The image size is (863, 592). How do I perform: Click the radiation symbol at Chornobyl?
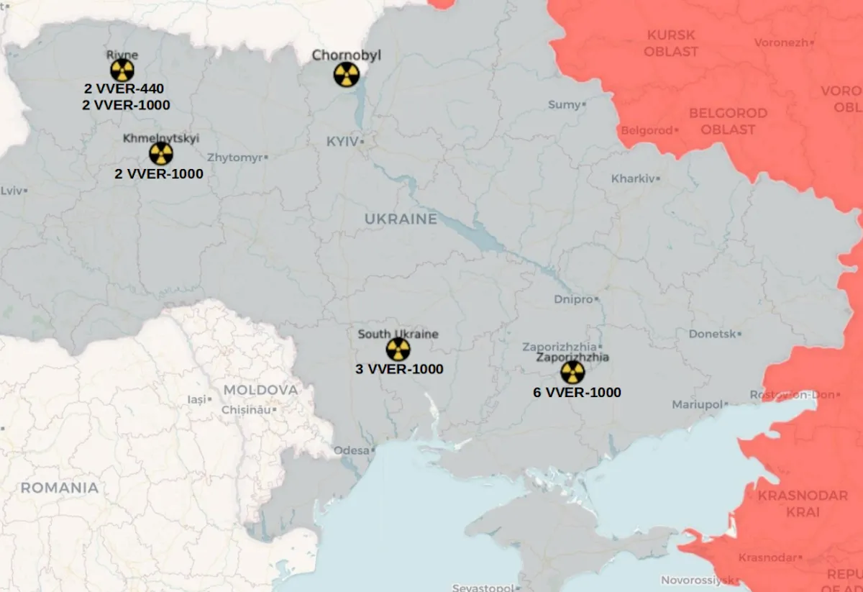tap(346, 74)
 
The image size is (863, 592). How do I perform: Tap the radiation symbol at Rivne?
tap(122, 70)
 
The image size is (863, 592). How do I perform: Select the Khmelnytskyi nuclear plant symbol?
tap(161, 153)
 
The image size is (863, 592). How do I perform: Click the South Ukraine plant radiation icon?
tap(398, 350)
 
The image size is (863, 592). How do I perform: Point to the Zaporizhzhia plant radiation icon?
tap(572, 372)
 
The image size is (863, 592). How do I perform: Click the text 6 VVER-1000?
tap(577, 393)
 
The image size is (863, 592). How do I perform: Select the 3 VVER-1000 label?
tap(399, 369)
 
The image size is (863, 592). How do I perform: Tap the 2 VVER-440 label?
tap(124, 89)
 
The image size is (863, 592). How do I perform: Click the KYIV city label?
tap(342, 142)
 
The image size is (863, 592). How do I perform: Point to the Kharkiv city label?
tap(633, 178)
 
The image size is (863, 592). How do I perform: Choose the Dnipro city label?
tap(573, 299)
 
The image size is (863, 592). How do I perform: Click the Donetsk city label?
tap(712, 334)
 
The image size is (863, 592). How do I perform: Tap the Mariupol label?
tap(697, 405)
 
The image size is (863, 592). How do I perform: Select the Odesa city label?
tap(351, 450)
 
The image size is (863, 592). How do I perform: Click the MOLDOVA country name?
tap(260, 390)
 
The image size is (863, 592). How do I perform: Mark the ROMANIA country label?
tap(60, 488)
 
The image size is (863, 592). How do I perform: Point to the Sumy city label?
tap(564, 105)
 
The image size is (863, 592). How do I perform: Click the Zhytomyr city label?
tap(234, 157)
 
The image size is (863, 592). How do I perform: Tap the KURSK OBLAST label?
tap(671, 43)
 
